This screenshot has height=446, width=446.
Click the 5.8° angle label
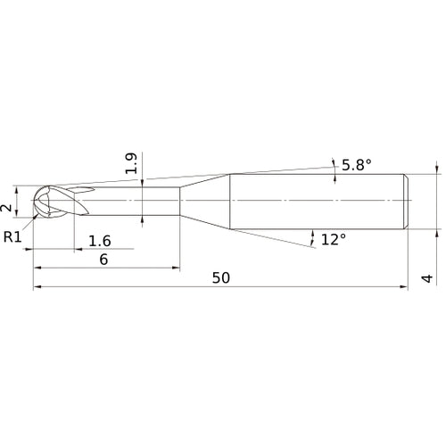pos(357,165)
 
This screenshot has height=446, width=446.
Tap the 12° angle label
pos(334,239)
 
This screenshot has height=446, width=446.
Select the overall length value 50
pos(221,278)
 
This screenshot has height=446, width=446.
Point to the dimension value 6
pos(103,260)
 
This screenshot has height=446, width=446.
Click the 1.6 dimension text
pos(100,241)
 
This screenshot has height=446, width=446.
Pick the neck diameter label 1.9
pos(131,163)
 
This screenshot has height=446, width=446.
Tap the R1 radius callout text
pos(12,237)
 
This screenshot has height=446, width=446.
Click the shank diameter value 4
pos(427,278)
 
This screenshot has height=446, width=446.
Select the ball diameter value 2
pos(6,208)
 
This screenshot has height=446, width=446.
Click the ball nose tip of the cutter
pos(33,201)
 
